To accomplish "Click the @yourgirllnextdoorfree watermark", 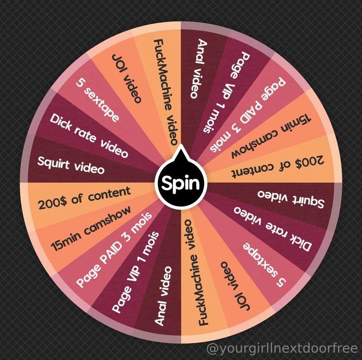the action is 282,348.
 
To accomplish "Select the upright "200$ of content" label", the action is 85,198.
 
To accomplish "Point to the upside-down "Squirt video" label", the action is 291,199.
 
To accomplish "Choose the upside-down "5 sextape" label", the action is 264,265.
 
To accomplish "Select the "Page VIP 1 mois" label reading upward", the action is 135,272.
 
